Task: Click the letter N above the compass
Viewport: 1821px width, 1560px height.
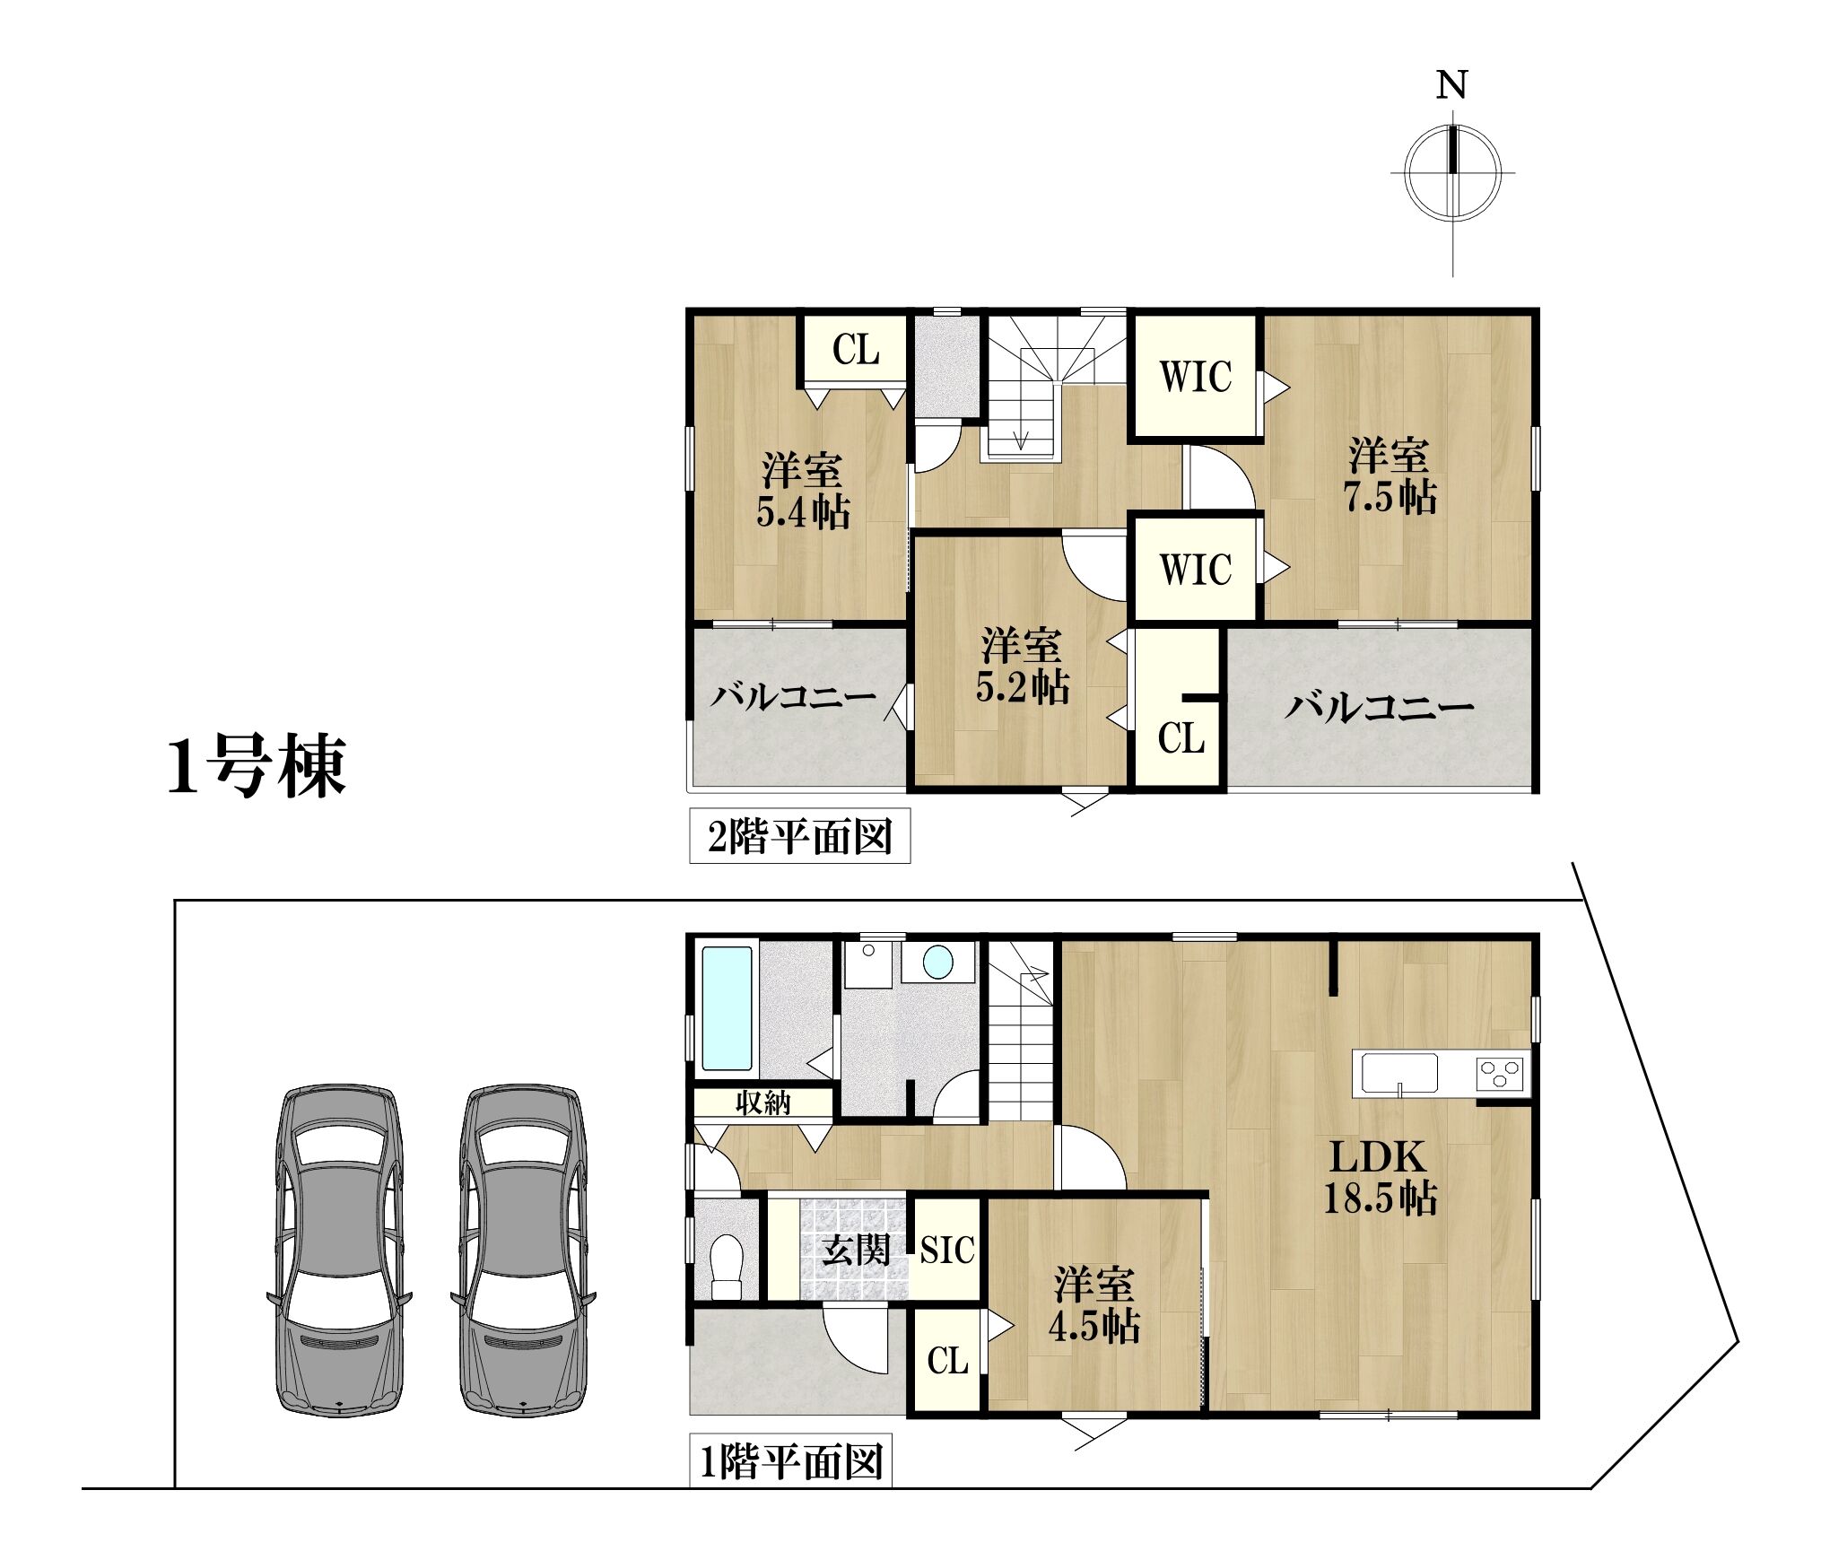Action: (1451, 84)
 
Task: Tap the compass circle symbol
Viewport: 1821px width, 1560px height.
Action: (1452, 172)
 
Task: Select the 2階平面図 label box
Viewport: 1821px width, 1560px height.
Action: (799, 836)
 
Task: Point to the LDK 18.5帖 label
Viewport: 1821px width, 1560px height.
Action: (1380, 1176)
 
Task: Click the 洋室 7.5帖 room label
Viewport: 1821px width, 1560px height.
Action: (1389, 475)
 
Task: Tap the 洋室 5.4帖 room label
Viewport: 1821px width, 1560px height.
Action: (803, 492)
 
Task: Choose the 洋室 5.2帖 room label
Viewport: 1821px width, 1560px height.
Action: (1022, 666)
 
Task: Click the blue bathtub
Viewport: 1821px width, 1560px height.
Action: (727, 1008)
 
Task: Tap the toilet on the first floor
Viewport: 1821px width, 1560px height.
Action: (727, 1266)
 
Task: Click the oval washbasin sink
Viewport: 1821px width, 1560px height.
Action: (938, 963)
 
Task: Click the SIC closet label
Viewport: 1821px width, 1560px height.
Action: (947, 1250)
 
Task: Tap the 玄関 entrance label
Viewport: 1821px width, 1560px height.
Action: (857, 1250)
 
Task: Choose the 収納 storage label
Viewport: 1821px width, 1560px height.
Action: (763, 1102)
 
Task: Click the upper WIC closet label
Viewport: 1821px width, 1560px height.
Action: (1196, 377)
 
